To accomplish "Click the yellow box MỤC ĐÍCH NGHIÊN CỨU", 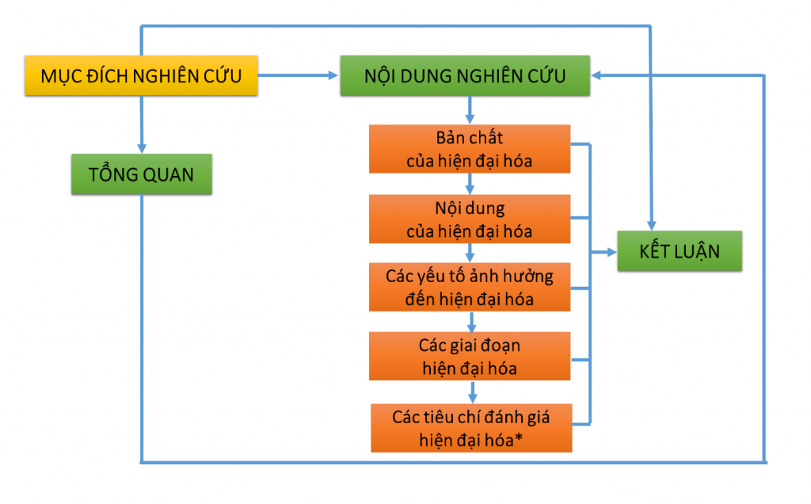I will (x=141, y=76).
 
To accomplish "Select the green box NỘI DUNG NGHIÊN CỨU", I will (x=465, y=76).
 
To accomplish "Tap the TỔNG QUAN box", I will (x=141, y=174).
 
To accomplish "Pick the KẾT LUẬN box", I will (x=680, y=252).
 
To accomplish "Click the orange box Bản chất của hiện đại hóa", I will (x=470, y=149).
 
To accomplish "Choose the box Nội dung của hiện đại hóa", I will (x=470, y=220).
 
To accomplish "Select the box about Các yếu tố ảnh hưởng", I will (x=470, y=288).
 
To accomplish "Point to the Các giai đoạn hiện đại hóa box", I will (x=470, y=357).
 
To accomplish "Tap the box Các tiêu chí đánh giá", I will (x=470, y=428).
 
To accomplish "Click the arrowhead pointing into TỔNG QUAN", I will (x=141, y=147).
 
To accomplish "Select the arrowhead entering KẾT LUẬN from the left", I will (x=611, y=252).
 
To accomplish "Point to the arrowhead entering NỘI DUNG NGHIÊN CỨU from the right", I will (x=597, y=75).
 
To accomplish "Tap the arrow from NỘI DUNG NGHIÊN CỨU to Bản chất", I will (x=470, y=110).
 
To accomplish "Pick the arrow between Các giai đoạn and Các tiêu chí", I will (x=472, y=391).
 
